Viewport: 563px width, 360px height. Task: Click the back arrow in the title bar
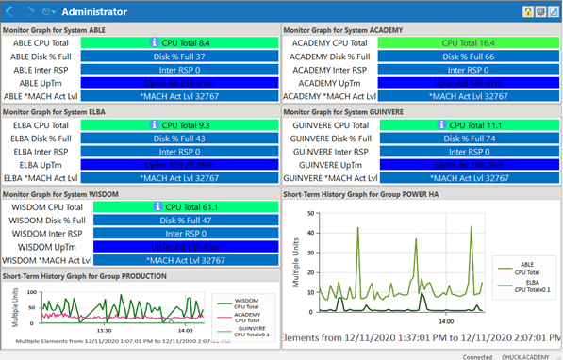[x=10, y=11]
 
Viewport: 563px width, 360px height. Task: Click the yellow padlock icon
[x=528, y=11]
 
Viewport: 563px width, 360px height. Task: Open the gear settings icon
[x=540, y=11]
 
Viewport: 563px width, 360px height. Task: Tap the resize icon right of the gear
[x=554, y=11]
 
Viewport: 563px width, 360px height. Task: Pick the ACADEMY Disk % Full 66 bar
[x=469, y=57]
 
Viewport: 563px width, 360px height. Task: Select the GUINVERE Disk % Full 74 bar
[x=469, y=139]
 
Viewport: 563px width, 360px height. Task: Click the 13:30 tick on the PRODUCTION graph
[x=106, y=330]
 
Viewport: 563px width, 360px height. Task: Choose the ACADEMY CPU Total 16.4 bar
[x=469, y=43]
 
